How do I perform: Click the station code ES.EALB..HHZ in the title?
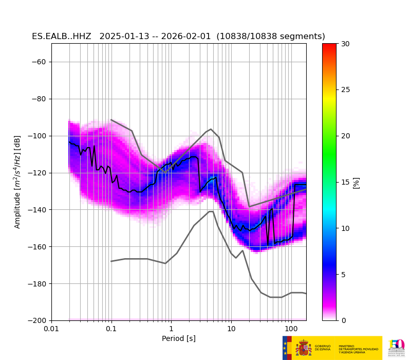pyautogui.click(x=62, y=37)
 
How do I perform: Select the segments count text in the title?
pyautogui.click(x=271, y=37)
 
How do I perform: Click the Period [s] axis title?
pyautogui.click(x=179, y=338)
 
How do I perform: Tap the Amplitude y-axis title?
pyautogui.click(x=17, y=182)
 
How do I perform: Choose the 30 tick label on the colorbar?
pyautogui.click(x=345, y=44)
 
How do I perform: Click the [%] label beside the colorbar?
pyautogui.click(x=356, y=182)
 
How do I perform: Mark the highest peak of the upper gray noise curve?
pyautogui.click(x=211, y=129)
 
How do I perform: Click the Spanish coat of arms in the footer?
pyautogui.click(x=304, y=348)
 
